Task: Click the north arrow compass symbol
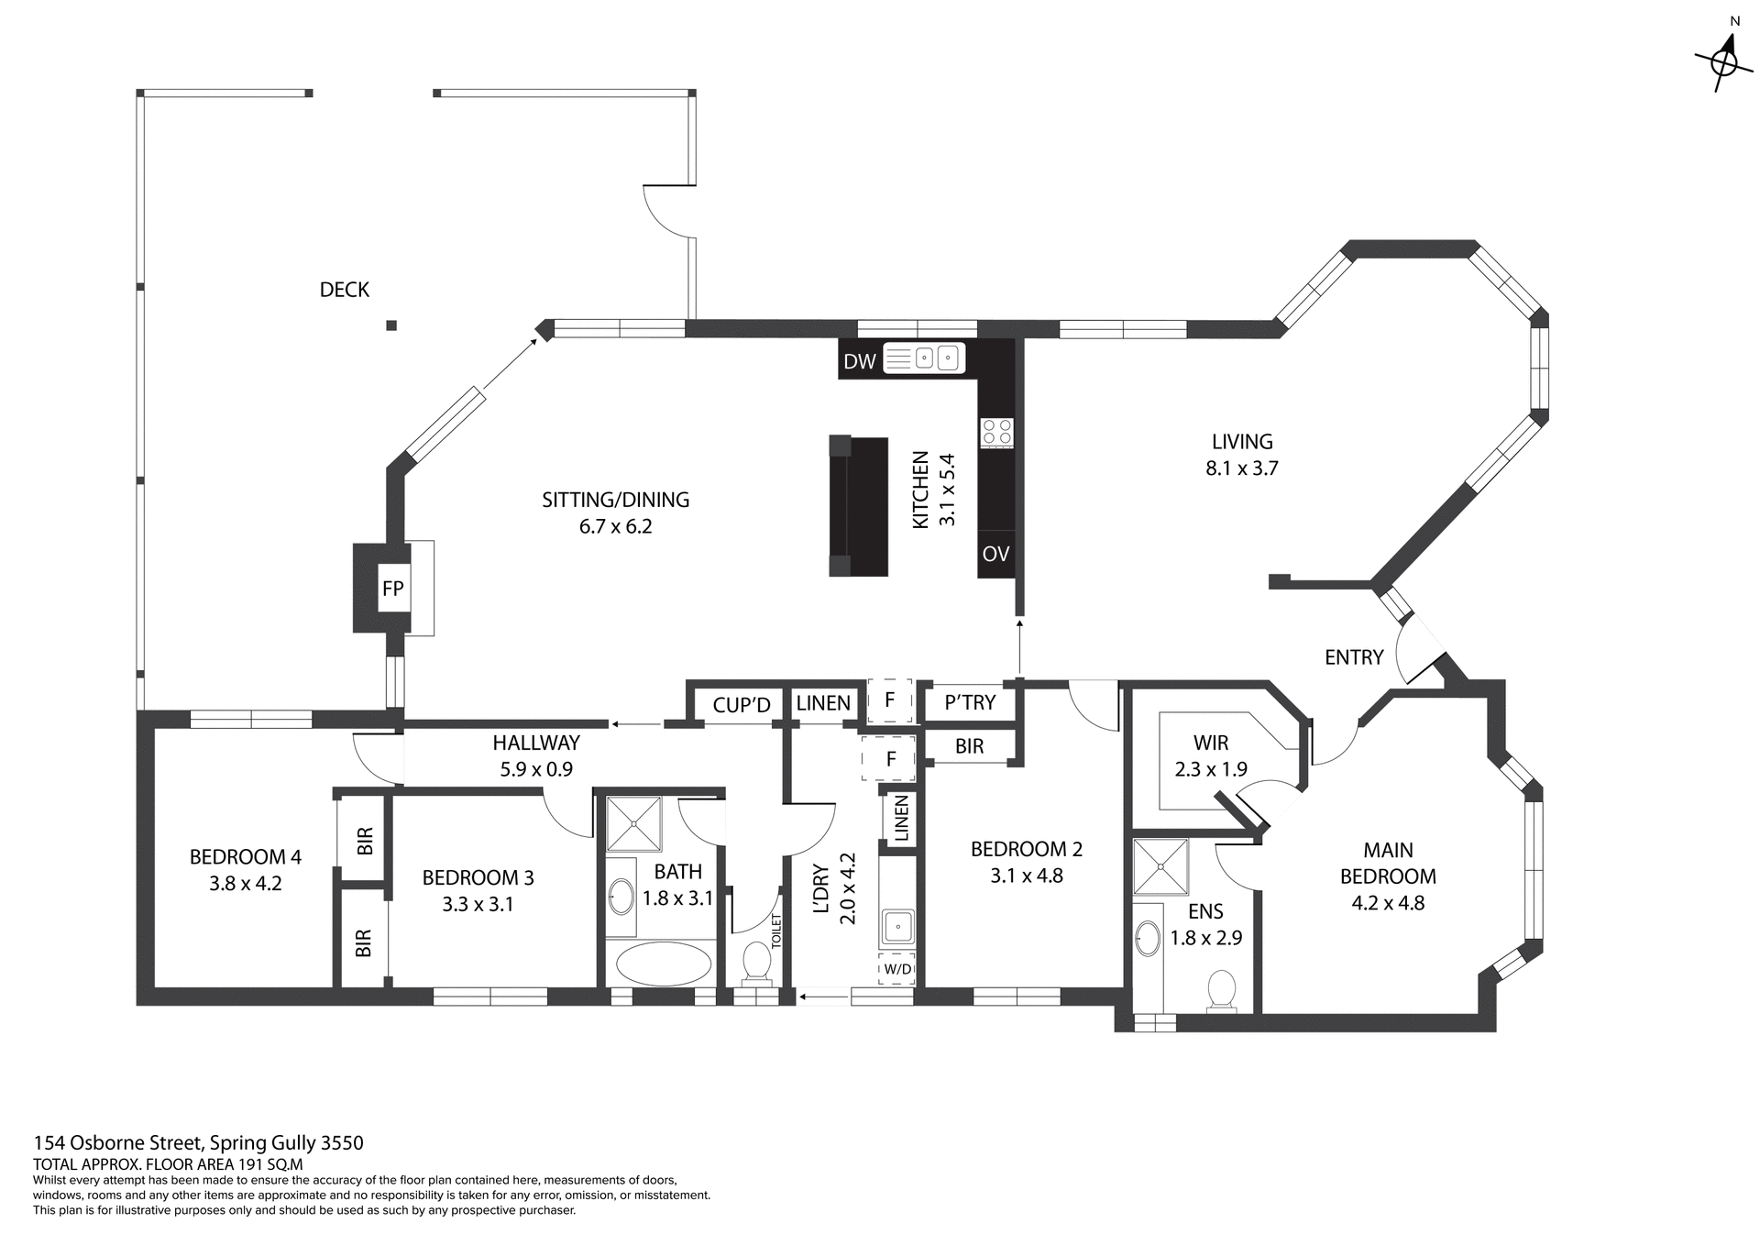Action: [x=1724, y=61]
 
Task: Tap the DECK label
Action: [x=344, y=290]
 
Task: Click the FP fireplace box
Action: [x=392, y=589]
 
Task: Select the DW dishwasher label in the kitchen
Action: [x=859, y=361]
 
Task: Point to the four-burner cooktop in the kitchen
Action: [x=996, y=433]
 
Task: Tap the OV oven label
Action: [x=995, y=554]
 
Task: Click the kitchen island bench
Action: [x=859, y=507]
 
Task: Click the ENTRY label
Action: [x=1353, y=657]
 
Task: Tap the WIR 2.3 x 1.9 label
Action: [x=1211, y=755]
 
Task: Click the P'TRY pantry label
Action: [x=969, y=702]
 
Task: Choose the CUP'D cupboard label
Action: [x=742, y=705]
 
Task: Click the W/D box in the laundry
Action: [x=897, y=969]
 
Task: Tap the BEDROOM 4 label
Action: [x=245, y=857]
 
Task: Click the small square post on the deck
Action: [x=391, y=325]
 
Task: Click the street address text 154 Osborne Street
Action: [x=198, y=1143]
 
